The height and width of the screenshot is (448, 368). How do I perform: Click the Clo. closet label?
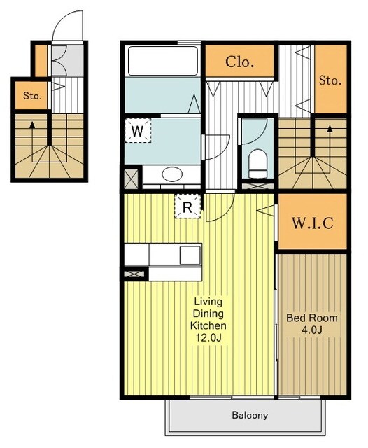pyautogui.click(x=239, y=62)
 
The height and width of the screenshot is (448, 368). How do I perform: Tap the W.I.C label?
pyautogui.click(x=312, y=223)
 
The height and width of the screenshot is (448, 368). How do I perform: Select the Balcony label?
pyautogui.click(x=250, y=415)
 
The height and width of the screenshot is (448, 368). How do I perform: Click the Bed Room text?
pyautogui.click(x=312, y=318)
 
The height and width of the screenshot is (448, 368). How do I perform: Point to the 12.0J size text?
pyautogui.click(x=208, y=338)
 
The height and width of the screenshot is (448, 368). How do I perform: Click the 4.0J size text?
pyautogui.click(x=312, y=330)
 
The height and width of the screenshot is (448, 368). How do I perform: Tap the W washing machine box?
pyautogui.click(x=138, y=131)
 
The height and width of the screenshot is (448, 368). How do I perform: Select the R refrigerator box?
pyautogui.click(x=187, y=206)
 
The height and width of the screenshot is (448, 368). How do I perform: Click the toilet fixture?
pyautogui.click(x=257, y=164)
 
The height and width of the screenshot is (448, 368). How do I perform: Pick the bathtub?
pyautogui.click(x=163, y=61)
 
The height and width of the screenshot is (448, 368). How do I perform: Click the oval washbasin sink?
pyautogui.click(x=172, y=174)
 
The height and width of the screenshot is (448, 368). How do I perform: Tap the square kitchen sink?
pyautogui.click(x=190, y=255)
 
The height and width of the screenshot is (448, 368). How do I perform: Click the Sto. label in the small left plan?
pyautogui.click(x=32, y=96)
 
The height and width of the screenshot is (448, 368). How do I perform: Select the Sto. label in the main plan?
pyautogui.click(x=330, y=80)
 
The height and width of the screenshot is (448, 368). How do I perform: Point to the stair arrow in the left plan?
pyautogui.click(x=32, y=141)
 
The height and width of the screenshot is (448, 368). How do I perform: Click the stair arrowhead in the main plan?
pyautogui.click(x=330, y=129)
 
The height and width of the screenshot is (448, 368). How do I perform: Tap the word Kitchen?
pyautogui.click(x=208, y=325)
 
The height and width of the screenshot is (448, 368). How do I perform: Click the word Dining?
pyautogui.click(x=208, y=314)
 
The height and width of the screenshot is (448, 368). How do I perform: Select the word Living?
pyautogui.click(x=208, y=302)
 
